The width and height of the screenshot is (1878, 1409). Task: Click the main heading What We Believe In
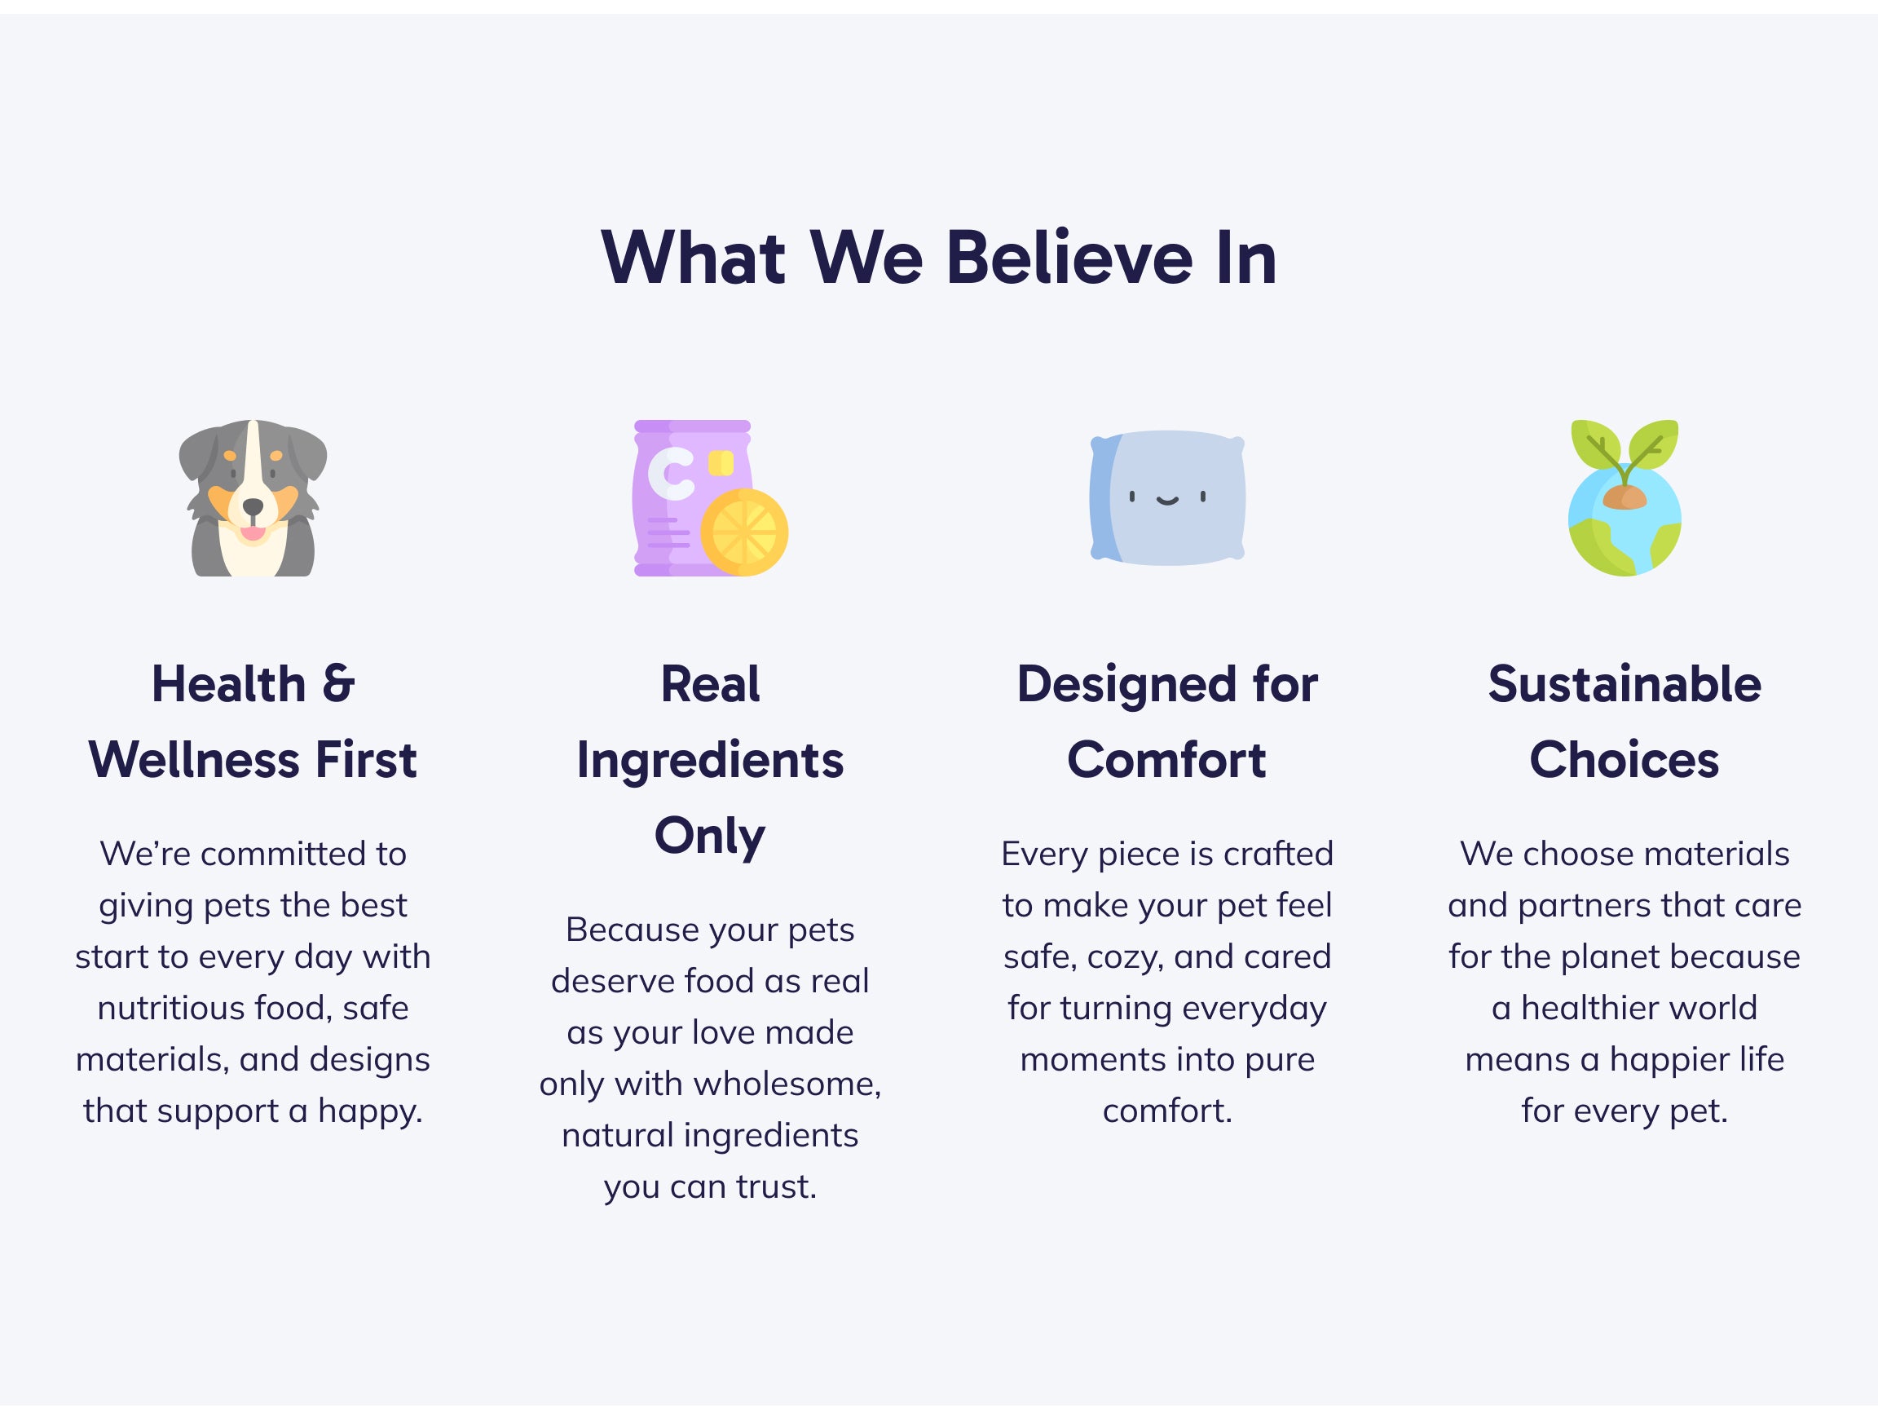[x=939, y=258]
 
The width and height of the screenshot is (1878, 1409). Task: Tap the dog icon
[x=253, y=497]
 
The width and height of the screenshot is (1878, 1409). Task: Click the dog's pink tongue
[x=252, y=533]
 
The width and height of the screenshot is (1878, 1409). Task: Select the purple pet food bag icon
[x=711, y=497]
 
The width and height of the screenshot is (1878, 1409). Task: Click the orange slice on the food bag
[x=744, y=532]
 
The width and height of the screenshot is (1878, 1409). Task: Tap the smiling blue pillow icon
[x=1167, y=497]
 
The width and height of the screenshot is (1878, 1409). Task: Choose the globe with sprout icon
[x=1625, y=497]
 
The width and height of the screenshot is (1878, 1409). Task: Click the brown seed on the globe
[x=1625, y=497]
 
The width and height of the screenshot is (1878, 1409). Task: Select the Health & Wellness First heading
[x=253, y=721]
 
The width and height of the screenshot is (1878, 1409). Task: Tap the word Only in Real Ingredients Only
[x=710, y=836]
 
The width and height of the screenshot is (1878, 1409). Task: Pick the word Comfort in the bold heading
[x=1167, y=759]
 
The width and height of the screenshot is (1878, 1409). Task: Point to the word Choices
[x=1625, y=759]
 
